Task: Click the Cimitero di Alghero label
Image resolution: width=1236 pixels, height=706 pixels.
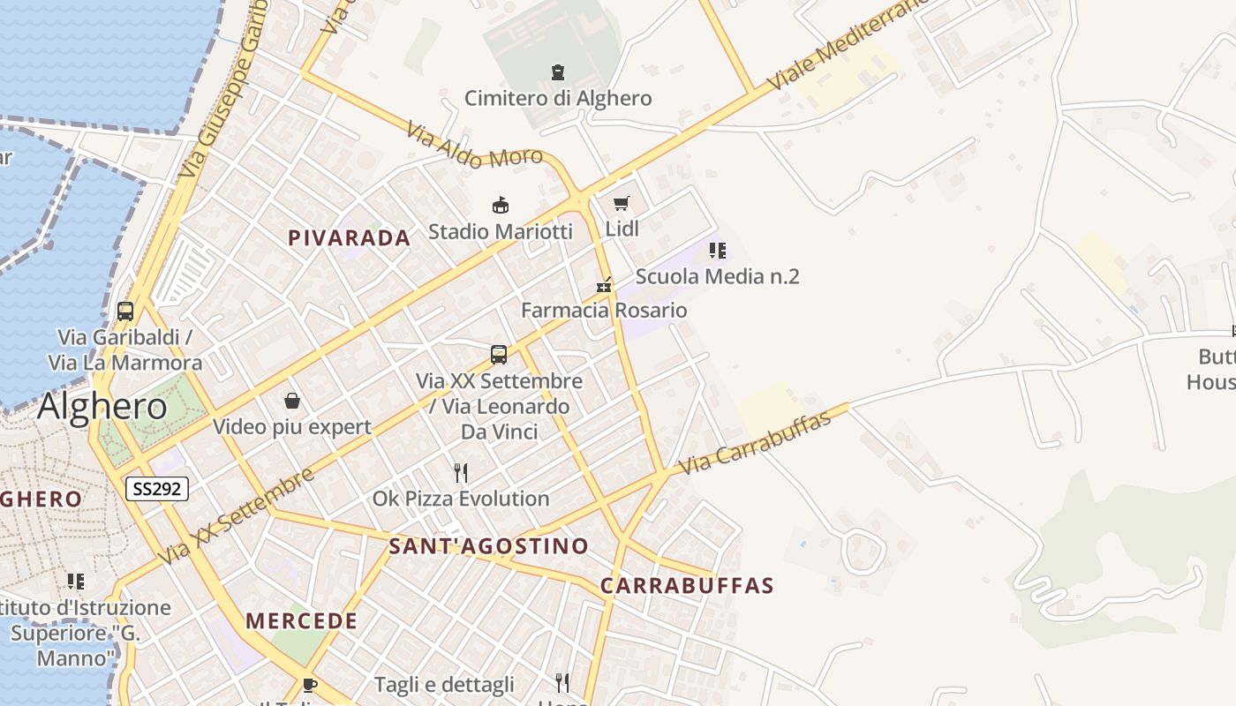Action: (558, 98)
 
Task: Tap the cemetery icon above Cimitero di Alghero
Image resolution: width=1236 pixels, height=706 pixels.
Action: (557, 71)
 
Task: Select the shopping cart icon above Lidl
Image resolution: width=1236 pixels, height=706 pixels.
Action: (621, 204)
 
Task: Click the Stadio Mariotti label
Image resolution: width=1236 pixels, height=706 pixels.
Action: (501, 231)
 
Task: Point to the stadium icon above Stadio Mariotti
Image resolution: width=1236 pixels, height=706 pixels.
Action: (501, 206)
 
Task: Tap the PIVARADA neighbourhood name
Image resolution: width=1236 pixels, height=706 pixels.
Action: (350, 237)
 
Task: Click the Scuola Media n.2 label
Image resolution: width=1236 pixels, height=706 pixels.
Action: (717, 276)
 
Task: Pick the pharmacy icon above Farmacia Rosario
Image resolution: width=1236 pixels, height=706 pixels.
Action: (604, 284)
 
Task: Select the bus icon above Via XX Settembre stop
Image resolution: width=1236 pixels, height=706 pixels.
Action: (499, 355)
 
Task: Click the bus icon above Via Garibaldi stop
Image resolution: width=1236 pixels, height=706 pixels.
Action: (125, 311)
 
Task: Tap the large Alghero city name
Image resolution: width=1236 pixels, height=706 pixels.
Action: (102, 407)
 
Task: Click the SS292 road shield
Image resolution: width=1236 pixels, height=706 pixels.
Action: (157, 488)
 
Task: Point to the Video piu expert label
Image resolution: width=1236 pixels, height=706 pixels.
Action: (292, 427)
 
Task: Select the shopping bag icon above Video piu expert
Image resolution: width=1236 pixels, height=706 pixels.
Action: (292, 402)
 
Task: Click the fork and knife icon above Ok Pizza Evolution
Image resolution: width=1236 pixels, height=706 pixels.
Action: (460, 472)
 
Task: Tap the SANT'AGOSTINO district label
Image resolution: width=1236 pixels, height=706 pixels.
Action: (488, 546)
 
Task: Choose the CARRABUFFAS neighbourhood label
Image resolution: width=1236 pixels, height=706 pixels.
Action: (687, 586)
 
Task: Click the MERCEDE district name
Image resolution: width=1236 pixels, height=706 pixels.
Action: (302, 621)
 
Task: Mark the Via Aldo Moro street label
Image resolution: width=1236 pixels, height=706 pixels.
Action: (474, 146)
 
